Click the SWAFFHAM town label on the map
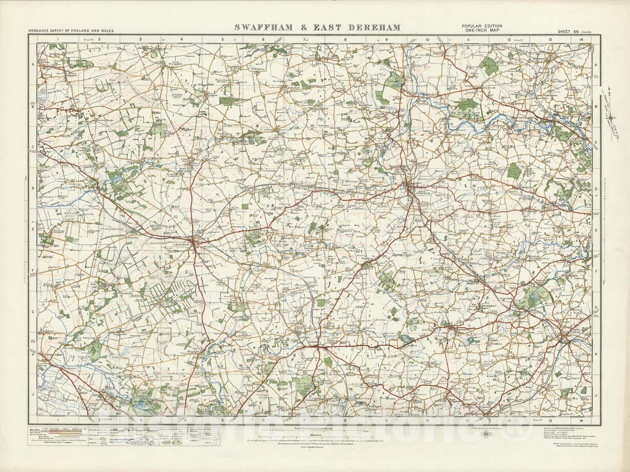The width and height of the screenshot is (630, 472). click(182, 245)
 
